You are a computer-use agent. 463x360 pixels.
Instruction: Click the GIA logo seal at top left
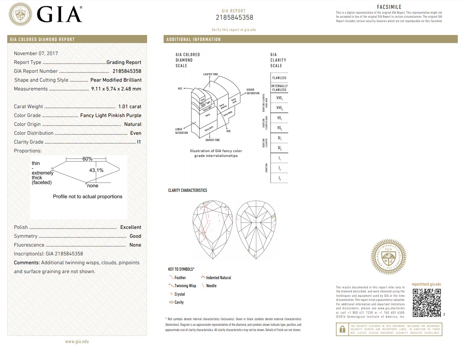[x=20, y=15]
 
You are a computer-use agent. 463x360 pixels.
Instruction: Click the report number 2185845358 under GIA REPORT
[x=234, y=18]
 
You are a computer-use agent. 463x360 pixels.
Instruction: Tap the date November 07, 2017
[x=36, y=53]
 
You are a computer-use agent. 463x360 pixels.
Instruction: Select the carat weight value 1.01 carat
[x=129, y=107]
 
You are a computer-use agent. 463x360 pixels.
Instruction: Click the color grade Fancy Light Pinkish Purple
[x=111, y=115]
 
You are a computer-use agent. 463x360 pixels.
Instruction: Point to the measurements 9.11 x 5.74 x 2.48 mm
[x=116, y=89]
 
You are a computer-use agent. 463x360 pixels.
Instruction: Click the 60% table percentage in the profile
[x=88, y=159]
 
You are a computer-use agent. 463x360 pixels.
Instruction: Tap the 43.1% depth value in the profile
[x=96, y=170]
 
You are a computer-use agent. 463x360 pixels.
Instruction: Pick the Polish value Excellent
[x=131, y=227]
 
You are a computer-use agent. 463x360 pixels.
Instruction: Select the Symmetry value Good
[x=135, y=236]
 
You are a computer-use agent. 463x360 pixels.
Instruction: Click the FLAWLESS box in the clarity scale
[x=279, y=78]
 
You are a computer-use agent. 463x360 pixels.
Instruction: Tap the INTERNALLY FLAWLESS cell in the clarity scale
[x=279, y=88]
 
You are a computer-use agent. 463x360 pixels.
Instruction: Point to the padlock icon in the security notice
[x=342, y=329]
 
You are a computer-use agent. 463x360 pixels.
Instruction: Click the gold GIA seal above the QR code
[x=388, y=257]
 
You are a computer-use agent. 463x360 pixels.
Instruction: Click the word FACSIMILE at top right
[x=389, y=7]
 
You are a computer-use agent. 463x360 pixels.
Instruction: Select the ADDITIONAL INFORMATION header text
[x=194, y=39]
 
